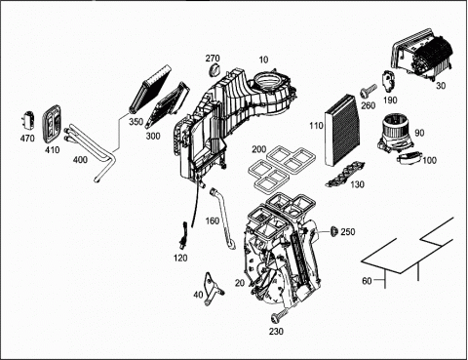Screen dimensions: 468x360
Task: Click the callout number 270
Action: [x=213, y=59]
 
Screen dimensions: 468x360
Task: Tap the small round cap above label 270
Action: [x=214, y=70]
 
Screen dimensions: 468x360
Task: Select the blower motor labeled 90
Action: [x=395, y=134]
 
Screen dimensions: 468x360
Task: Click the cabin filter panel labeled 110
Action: [x=341, y=130]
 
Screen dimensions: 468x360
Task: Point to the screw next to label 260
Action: [x=368, y=91]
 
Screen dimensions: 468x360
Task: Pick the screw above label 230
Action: [x=280, y=315]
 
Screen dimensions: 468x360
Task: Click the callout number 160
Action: [x=213, y=221]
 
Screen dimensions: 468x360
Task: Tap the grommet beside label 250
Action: [x=333, y=231]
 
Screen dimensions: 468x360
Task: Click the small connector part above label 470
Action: [x=29, y=119]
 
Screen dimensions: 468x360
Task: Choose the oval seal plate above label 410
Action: [x=53, y=124]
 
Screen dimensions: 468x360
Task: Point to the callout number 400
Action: [x=80, y=160]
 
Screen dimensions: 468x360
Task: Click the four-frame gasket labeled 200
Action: [x=276, y=168]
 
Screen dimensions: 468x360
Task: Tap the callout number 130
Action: [x=357, y=184]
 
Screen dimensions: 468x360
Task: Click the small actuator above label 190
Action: [x=388, y=81]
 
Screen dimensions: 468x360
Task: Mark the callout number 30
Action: [x=441, y=86]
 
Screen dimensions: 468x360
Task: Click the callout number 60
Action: [x=367, y=280]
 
